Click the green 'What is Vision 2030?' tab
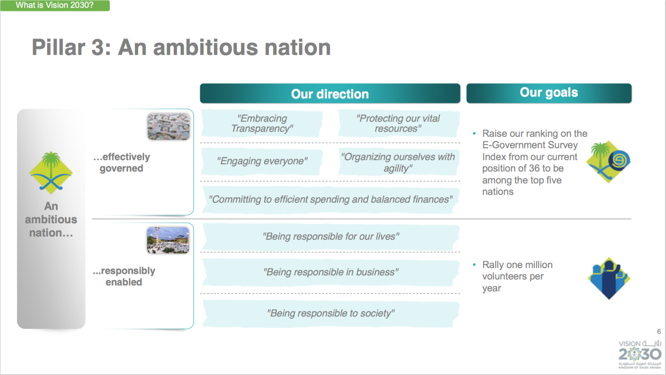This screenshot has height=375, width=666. [x=55, y=5]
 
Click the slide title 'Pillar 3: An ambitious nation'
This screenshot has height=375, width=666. [x=181, y=48]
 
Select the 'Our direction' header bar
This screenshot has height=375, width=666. [x=330, y=93]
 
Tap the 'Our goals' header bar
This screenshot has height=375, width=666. [x=549, y=93]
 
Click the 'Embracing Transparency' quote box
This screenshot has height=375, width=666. [x=261, y=123]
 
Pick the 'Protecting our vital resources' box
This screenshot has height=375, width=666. [x=399, y=123]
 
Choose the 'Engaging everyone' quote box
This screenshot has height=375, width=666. [x=261, y=161]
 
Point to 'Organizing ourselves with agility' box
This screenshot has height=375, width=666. [x=399, y=162]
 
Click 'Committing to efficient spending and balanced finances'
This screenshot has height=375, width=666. [x=330, y=199]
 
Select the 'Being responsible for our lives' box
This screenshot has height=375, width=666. [x=330, y=237]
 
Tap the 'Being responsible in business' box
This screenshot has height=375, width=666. [x=330, y=272]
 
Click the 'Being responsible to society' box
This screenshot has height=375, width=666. [x=330, y=313]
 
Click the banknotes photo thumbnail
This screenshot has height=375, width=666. [x=168, y=126]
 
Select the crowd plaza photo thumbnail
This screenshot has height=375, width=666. [x=168, y=240]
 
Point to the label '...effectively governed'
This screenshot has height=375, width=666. [x=122, y=162]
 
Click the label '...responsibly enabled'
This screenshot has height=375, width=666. [x=124, y=276]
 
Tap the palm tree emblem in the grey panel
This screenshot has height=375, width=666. [x=51, y=172]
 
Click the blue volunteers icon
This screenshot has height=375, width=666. [x=609, y=279]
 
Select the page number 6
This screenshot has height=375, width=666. [x=659, y=332]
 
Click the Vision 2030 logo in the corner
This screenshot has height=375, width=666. [x=640, y=354]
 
